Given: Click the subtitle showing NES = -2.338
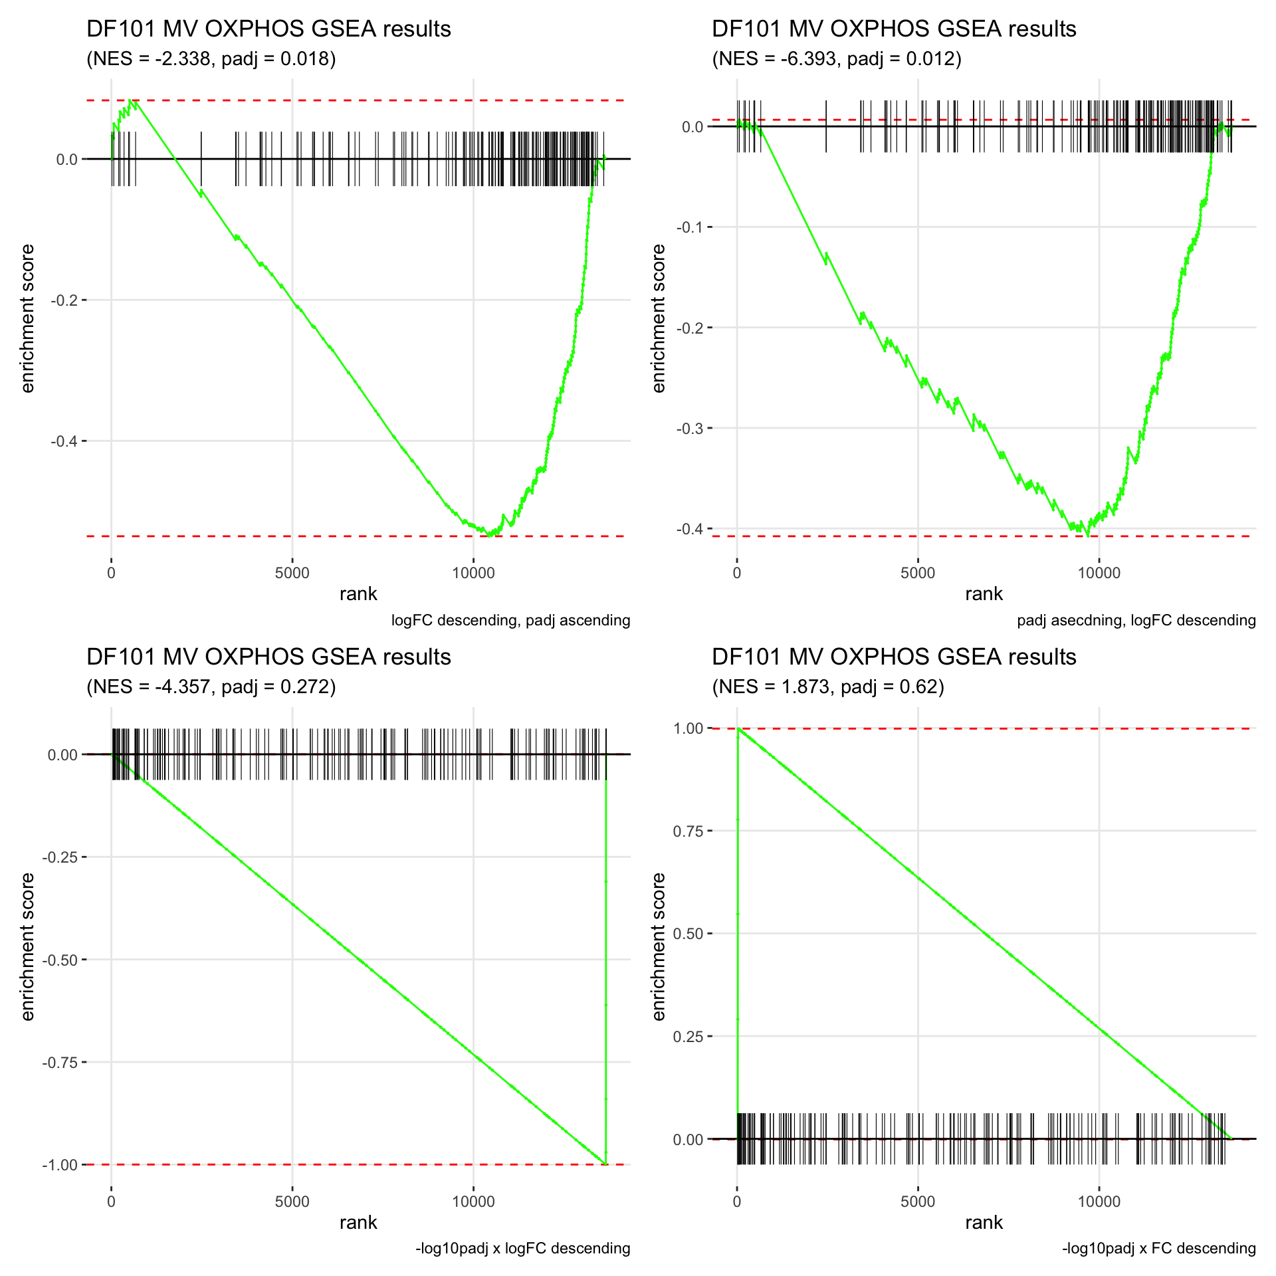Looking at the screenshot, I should click(211, 59).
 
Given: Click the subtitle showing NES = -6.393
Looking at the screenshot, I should click(837, 59).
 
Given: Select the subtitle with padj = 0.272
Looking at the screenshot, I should click(211, 687).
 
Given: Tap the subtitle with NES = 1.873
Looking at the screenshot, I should click(828, 687).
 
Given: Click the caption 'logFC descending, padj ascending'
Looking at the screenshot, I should click(510, 620).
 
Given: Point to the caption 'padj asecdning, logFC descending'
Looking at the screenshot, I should click(1136, 620).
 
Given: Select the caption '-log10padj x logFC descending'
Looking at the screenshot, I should click(522, 1248).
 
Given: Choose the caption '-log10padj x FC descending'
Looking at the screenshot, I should click(1158, 1248).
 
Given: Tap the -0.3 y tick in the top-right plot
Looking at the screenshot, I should click(690, 428).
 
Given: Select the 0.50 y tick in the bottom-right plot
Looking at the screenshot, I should click(688, 934).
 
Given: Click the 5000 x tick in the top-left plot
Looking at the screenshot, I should click(292, 573).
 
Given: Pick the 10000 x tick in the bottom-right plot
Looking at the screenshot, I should click(1099, 1202).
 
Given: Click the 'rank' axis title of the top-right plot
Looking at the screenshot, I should click(984, 594).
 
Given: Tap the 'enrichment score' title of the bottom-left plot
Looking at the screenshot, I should click(27, 946).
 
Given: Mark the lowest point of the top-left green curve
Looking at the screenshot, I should click(490, 534).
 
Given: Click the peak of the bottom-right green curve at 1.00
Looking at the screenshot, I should click(738, 729).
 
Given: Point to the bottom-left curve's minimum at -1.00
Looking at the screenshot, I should click(605, 1164).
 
